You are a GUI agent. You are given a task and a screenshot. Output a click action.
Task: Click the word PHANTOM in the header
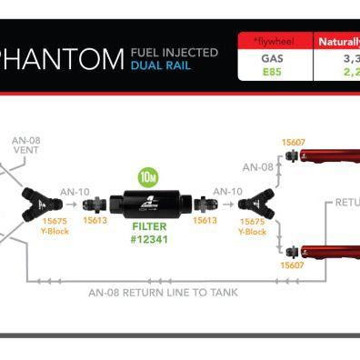click(x=61, y=61)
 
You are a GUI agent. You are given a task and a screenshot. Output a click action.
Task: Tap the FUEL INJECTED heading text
click(x=175, y=53)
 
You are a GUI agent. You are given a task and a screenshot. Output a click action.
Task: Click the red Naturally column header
click(x=337, y=41)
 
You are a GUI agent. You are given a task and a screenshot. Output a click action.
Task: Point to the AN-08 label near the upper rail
click(x=258, y=166)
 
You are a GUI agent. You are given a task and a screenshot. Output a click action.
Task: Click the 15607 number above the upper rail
click(x=293, y=143)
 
